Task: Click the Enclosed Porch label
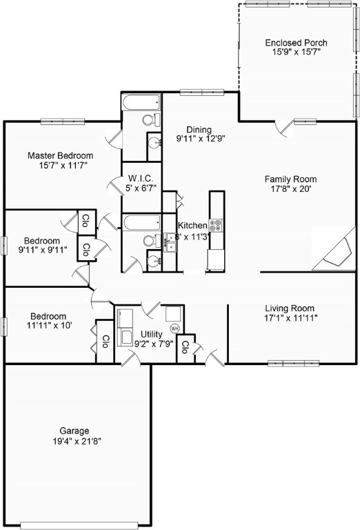click(296, 43)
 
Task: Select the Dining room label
click(199, 129)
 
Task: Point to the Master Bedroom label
click(60, 156)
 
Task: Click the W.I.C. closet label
click(140, 178)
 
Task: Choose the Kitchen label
click(192, 226)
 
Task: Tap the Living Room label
click(290, 308)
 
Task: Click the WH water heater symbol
click(174, 328)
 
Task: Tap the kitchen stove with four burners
click(216, 224)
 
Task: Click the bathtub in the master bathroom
click(141, 104)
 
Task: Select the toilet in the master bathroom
click(150, 120)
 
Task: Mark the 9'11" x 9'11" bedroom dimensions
click(43, 250)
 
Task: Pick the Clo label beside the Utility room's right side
click(185, 348)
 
